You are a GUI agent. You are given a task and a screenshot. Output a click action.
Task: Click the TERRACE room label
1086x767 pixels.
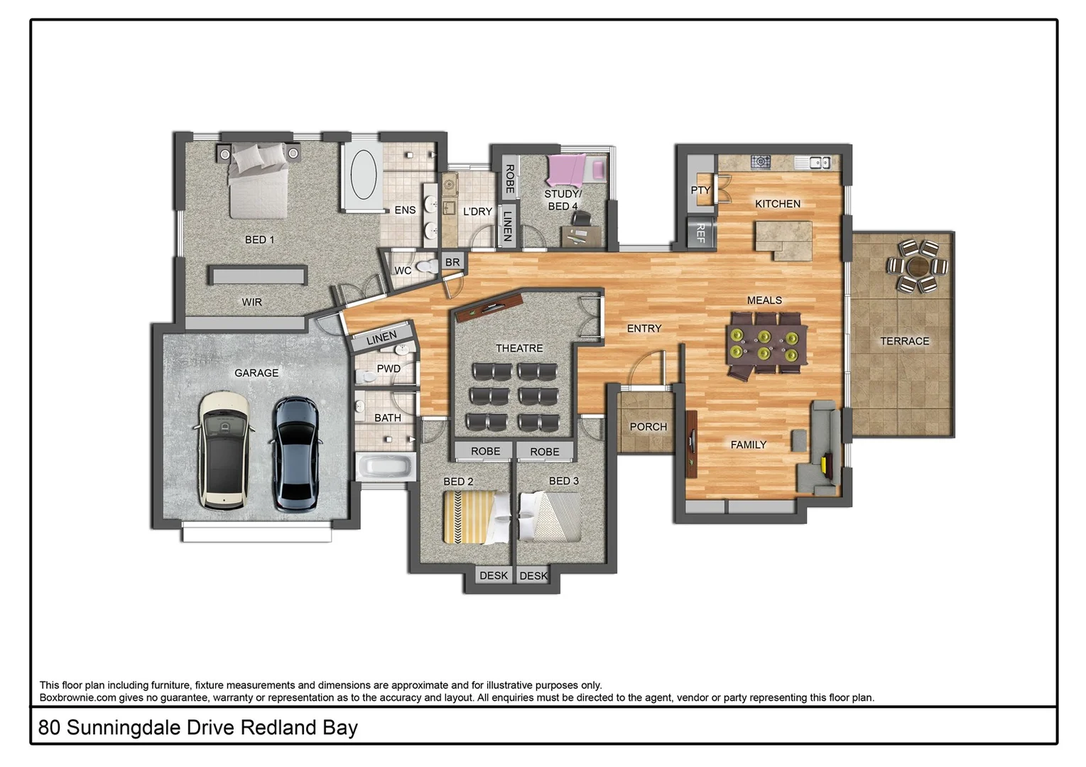pyautogui.click(x=904, y=342)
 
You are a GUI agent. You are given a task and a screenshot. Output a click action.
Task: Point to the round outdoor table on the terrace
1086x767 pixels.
pyautogui.click(x=917, y=266)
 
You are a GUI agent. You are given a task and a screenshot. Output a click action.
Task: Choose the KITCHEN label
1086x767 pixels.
pyautogui.click(x=777, y=204)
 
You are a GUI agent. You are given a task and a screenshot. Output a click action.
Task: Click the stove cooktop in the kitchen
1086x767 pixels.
pyautogui.click(x=761, y=162)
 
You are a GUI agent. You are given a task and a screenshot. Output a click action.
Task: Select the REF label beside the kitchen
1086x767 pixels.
pyautogui.click(x=700, y=232)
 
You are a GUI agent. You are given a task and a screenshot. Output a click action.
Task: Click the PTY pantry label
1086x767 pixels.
pyautogui.click(x=700, y=190)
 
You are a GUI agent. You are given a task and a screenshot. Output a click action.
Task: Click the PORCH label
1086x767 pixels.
pyautogui.click(x=648, y=427)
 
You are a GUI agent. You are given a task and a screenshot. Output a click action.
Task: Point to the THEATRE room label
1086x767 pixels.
pyautogui.click(x=518, y=348)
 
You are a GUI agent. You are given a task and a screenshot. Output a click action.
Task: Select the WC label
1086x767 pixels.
pyautogui.click(x=403, y=271)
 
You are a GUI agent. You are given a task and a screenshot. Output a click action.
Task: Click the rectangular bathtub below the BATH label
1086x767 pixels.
pyautogui.click(x=385, y=467)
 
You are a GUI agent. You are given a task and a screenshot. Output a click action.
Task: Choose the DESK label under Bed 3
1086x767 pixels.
pyautogui.click(x=533, y=576)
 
